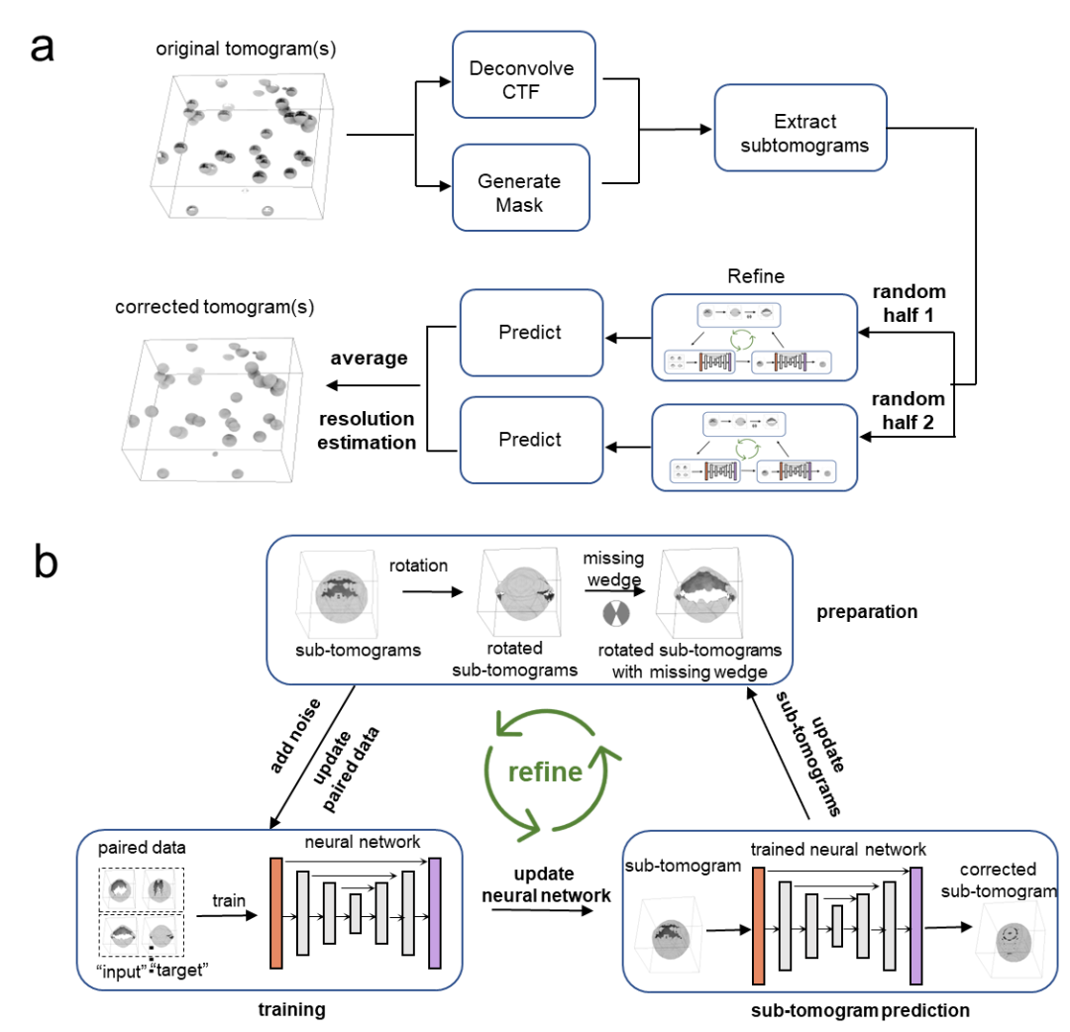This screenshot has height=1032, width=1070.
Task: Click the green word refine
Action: pos(544,773)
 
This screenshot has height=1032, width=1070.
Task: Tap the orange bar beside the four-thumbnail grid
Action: pos(276,913)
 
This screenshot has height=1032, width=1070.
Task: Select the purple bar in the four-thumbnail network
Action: pos(434,913)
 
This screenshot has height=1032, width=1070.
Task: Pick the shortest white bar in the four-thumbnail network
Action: pos(356,913)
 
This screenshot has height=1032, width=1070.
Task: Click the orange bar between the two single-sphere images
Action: pos(759,926)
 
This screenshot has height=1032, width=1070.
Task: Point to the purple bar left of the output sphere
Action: pos(915,926)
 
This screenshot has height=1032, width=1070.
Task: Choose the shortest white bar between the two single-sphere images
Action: pos(837,926)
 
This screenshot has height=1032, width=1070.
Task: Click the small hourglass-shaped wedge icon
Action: pos(616,613)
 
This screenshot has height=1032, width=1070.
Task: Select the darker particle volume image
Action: pos(243,147)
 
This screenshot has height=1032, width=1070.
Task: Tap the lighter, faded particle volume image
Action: pos(213,408)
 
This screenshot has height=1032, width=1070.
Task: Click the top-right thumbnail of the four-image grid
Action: pos(159,888)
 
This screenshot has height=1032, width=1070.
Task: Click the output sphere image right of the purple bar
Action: pos(1011,939)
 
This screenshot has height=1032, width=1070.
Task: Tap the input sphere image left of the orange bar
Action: pos(668,937)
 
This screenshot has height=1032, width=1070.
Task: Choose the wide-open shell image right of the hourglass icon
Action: pos(700,591)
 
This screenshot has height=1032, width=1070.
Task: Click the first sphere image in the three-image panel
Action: pos(338,595)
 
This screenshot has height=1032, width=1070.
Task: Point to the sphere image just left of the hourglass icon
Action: pos(521,591)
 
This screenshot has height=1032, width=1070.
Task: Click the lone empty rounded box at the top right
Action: pos(801,128)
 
